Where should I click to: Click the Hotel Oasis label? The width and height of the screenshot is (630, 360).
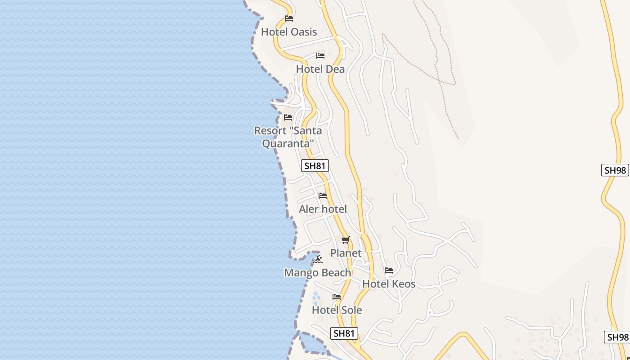[x=289, y=32]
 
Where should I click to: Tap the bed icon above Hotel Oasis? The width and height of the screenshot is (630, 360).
[x=289, y=18]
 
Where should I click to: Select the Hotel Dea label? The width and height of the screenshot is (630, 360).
[x=320, y=69]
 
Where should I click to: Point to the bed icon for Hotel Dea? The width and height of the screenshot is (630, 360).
[x=320, y=56]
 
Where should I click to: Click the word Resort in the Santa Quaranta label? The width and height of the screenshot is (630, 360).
[x=270, y=130]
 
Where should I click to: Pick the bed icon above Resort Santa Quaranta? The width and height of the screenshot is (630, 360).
[x=288, y=117]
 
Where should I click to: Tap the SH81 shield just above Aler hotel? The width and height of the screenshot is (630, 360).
[x=315, y=166]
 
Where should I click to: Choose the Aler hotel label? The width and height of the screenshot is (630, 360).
[x=323, y=209]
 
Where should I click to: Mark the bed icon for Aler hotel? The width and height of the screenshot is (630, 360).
[x=323, y=196]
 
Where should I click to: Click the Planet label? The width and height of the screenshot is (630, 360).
[x=346, y=253]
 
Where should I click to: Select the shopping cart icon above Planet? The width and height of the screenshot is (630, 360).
[x=345, y=240]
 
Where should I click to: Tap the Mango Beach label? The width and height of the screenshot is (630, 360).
[x=318, y=273]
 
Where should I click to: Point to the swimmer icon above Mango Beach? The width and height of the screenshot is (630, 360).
[x=318, y=259]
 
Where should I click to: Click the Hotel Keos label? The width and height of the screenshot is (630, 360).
[x=389, y=284]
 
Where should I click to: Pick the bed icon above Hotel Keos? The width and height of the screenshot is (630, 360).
[x=389, y=270]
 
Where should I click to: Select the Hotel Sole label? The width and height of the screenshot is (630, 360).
[x=337, y=310]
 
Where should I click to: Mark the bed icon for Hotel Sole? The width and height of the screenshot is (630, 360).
[x=337, y=297]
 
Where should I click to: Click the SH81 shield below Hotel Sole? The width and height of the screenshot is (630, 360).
[x=344, y=333]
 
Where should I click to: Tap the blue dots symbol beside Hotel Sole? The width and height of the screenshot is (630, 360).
[x=316, y=297]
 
